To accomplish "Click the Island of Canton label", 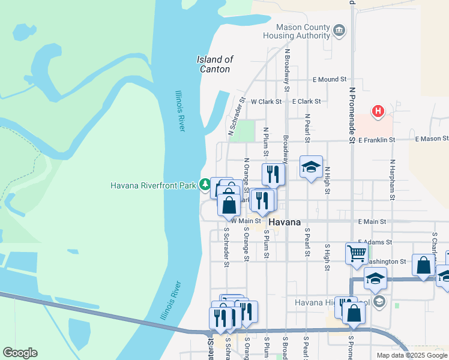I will click(x=214, y=64).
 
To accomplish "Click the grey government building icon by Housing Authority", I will click(x=339, y=29).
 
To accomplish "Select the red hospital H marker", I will click(x=378, y=111).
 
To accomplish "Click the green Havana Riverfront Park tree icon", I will click(x=205, y=184).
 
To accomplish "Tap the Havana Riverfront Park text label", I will click(x=154, y=185).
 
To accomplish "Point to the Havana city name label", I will click(x=285, y=222).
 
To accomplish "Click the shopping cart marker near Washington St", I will click(x=357, y=253).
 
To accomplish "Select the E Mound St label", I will click(x=330, y=79).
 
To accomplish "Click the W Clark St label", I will click(x=267, y=102).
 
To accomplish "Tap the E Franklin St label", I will click(x=376, y=139).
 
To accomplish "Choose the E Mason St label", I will click(x=432, y=139).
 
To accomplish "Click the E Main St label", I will click(x=372, y=221).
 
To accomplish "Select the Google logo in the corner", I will click(x=20, y=353).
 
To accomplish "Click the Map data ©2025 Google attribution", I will click(x=411, y=355).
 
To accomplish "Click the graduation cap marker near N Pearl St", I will click(x=311, y=167).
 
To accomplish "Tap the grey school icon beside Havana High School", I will click(x=378, y=301).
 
